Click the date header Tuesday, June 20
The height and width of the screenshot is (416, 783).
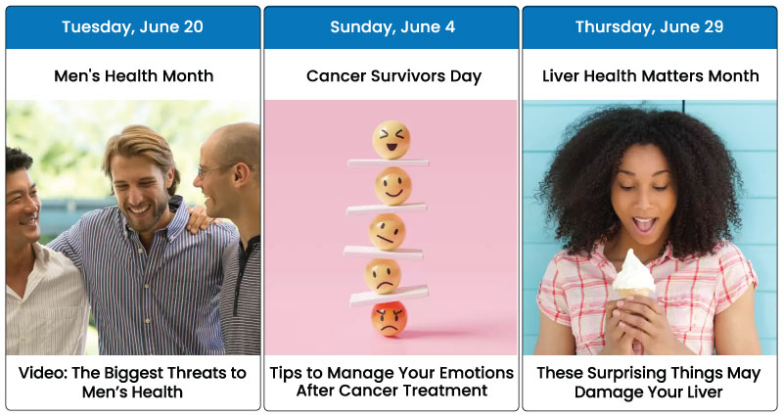coord(132,27)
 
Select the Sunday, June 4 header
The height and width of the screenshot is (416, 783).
coord(392,27)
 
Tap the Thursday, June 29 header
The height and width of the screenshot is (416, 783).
coord(649,27)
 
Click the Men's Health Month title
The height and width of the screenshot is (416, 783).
coord(133,76)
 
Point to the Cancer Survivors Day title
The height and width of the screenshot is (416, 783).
coord(394,76)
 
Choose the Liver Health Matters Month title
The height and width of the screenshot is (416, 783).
coord(651,76)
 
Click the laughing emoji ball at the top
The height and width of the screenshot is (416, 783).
coord(391,140)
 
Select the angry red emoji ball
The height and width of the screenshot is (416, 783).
coord(389,319)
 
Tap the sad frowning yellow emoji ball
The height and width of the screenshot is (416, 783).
coord(383,276)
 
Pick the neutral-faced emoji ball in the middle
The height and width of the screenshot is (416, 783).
coord(387,232)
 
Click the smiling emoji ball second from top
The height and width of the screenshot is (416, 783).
coord(393,186)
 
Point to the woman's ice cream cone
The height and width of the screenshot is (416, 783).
coord(633,276)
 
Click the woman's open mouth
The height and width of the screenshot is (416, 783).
coord(644,224)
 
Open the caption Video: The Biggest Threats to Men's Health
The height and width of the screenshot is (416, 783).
coord(132,382)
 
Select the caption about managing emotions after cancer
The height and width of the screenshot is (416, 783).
coord(392,382)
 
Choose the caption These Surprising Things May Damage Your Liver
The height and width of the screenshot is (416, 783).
coord(649,382)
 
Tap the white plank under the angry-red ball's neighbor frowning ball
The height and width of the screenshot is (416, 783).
coord(389,296)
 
